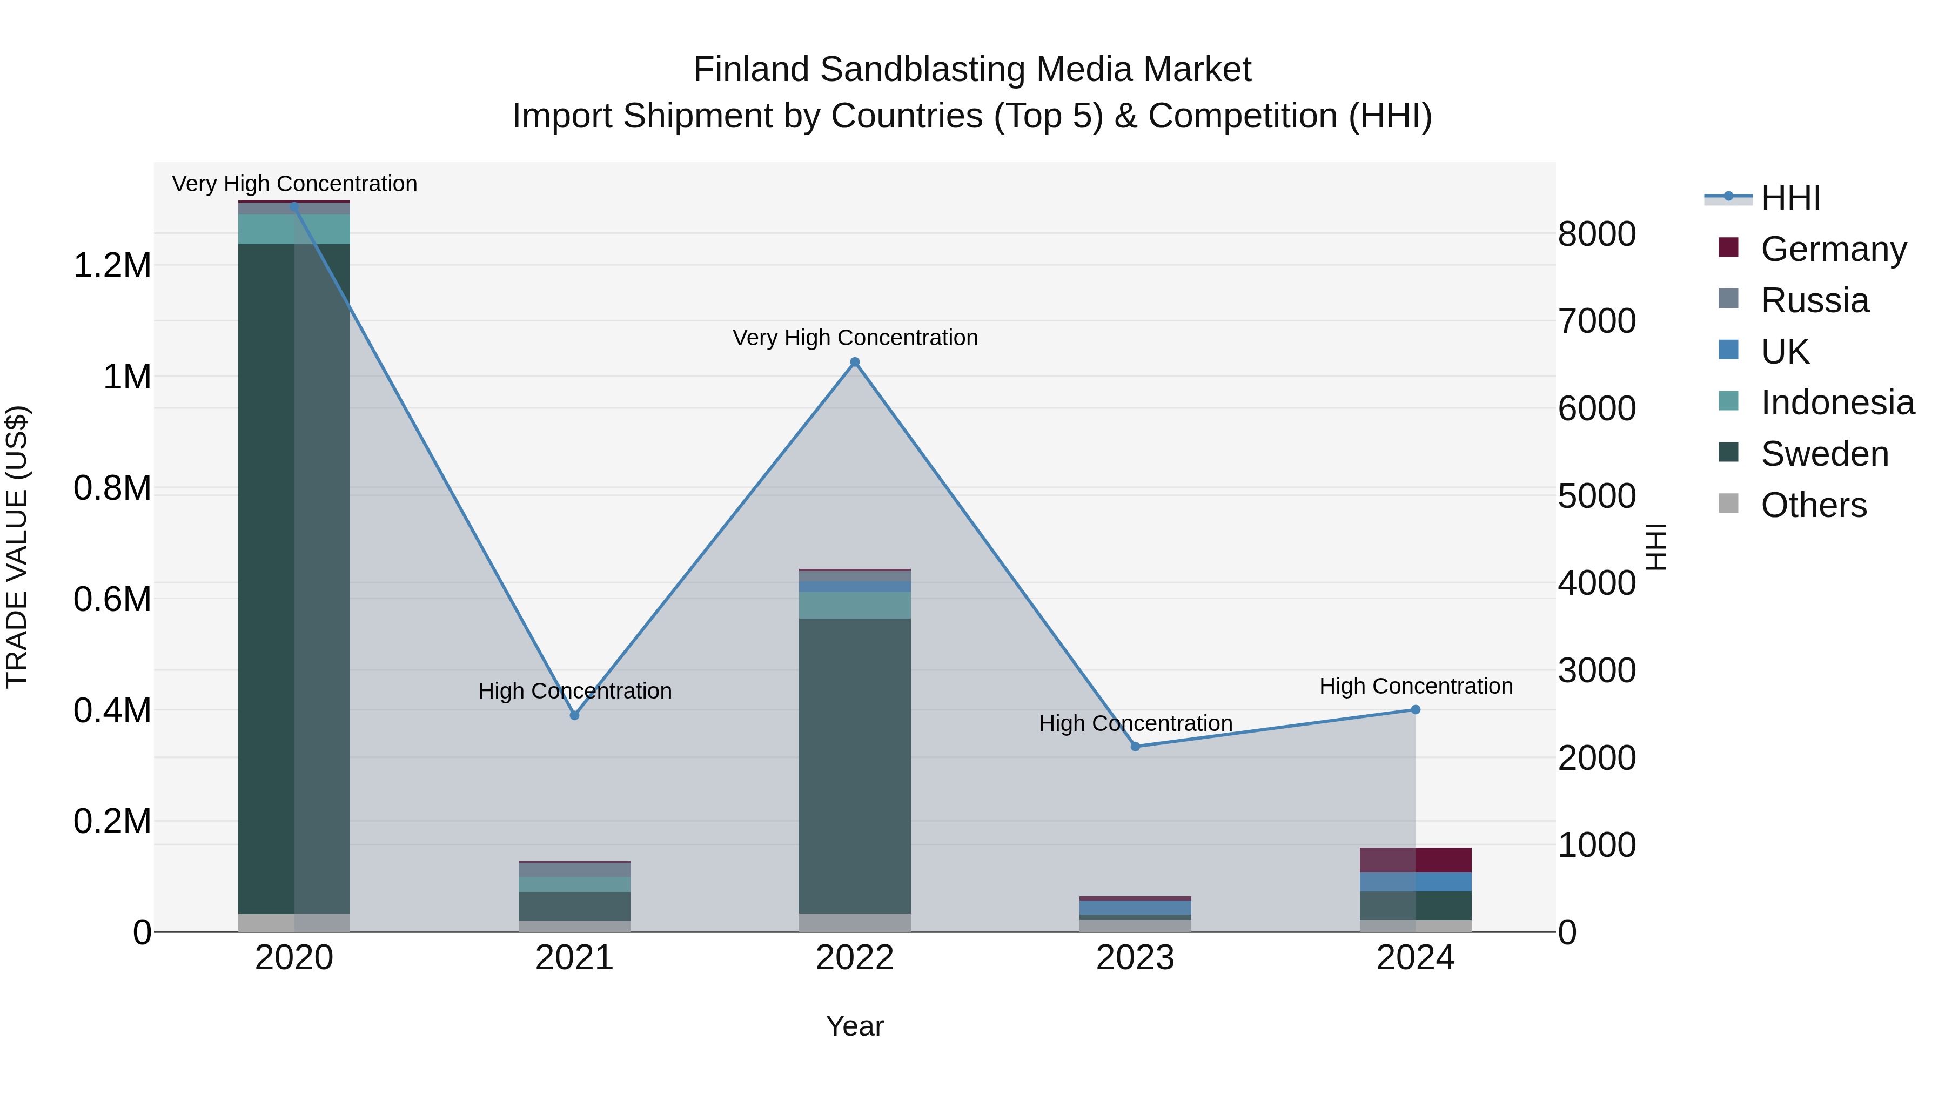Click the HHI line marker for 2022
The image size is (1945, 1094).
pyautogui.click(x=855, y=363)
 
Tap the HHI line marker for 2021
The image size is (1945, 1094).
pyautogui.click(x=575, y=715)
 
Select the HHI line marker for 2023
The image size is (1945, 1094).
pyautogui.click(x=1135, y=747)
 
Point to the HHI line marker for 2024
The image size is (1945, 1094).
pyautogui.click(x=1416, y=710)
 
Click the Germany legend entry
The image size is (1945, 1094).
pyautogui.click(x=1833, y=249)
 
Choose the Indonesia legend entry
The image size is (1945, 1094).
pyautogui.click(x=1837, y=402)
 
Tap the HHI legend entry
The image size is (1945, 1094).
pyautogui.click(x=1790, y=198)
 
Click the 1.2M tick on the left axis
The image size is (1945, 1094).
pyautogui.click(x=112, y=266)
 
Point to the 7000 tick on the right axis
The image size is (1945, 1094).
pyautogui.click(x=1597, y=321)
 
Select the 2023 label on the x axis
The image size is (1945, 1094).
pyautogui.click(x=1135, y=958)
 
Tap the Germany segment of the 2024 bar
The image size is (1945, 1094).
pyautogui.click(x=1416, y=860)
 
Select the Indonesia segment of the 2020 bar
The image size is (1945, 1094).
pyautogui.click(x=294, y=230)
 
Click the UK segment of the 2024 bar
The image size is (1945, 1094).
pyautogui.click(x=1416, y=882)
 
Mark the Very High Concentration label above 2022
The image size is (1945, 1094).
pyautogui.click(x=855, y=338)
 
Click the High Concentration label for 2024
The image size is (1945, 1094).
pyautogui.click(x=1416, y=686)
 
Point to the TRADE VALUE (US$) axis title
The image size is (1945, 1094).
pyautogui.click(x=17, y=547)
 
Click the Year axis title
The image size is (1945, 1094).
pyautogui.click(x=855, y=1026)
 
